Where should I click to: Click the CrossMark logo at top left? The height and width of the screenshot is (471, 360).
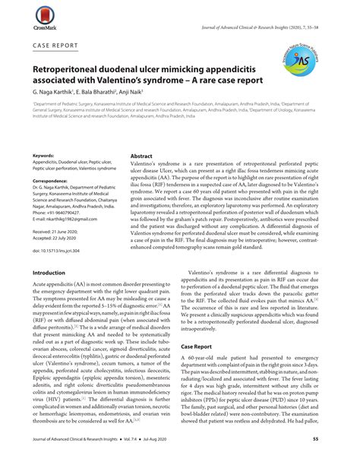point(22,15)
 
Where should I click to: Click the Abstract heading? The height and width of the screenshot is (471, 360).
point(143,154)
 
